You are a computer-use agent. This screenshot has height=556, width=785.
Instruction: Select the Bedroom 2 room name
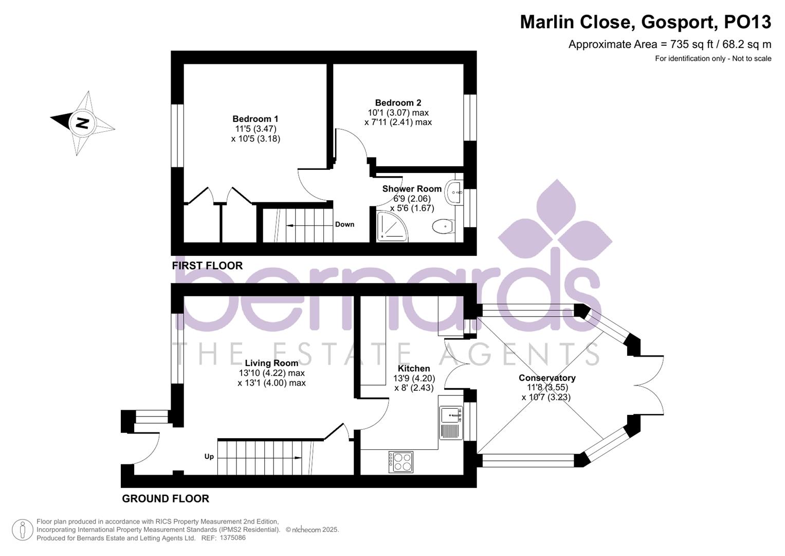click(398, 103)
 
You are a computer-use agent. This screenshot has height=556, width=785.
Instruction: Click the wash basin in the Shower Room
click(454, 193)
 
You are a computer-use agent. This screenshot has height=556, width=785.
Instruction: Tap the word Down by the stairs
click(344, 224)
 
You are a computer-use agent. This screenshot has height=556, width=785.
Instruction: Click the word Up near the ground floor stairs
click(209, 457)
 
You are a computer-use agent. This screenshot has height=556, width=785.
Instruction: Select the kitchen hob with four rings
click(400, 461)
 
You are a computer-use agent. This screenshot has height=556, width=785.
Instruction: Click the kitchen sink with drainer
click(451, 422)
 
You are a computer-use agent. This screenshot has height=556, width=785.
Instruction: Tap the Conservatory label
click(547, 378)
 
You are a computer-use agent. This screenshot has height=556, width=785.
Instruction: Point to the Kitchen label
click(414, 369)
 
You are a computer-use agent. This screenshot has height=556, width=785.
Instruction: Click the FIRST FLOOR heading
click(207, 266)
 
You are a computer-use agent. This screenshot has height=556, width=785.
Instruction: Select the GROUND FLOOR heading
click(166, 498)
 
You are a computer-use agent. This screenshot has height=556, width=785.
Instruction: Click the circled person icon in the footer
click(22, 530)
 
